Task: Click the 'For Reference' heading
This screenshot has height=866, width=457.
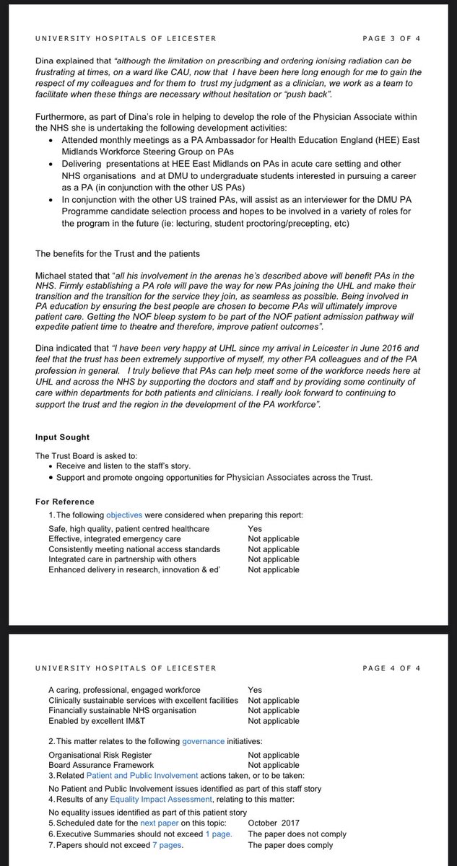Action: coord(65,502)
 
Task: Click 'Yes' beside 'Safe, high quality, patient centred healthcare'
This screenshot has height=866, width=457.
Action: coord(255,528)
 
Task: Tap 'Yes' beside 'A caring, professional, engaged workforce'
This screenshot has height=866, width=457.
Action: coord(255,690)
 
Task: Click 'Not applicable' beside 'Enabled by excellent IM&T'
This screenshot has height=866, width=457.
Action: coord(273,721)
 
